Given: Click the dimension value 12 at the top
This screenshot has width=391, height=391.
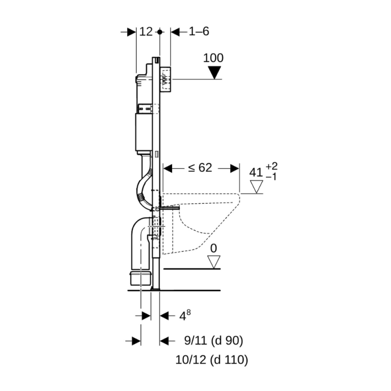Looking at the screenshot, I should click(146, 32).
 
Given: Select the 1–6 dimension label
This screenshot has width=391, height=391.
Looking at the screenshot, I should click(199, 32).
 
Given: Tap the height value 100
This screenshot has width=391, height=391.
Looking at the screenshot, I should click(213, 58).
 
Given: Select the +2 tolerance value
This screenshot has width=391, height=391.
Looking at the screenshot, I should click(271, 167).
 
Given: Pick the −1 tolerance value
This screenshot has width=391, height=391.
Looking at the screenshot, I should click(271, 176).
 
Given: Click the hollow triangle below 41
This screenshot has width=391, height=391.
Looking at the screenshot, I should click(256, 187).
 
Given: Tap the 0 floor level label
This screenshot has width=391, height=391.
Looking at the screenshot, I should click(213, 248).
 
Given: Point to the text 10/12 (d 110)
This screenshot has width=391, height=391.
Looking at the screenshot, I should click(212, 360).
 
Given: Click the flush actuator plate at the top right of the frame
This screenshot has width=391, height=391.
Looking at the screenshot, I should click(166, 79).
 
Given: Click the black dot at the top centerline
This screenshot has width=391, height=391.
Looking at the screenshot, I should click(160, 32).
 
